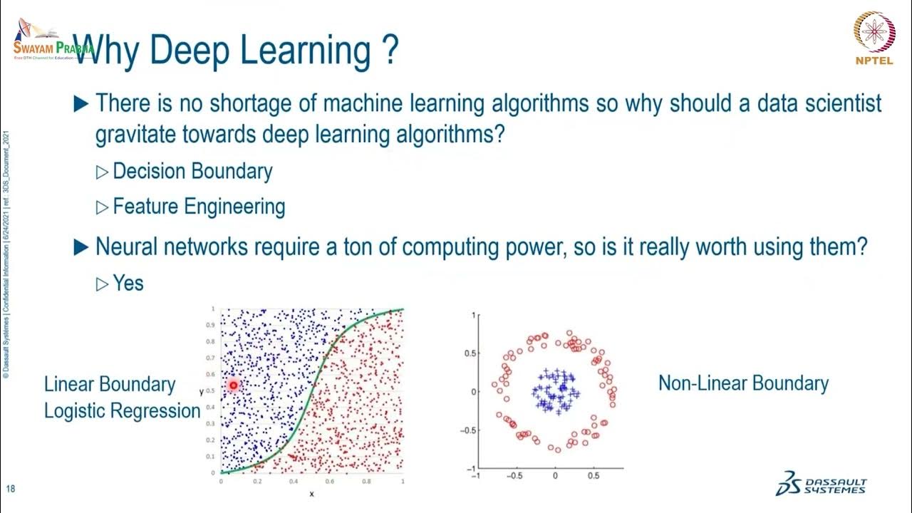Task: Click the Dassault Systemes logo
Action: (x=822, y=482)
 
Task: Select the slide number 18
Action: (x=11, y=489)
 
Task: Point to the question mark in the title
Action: (x=390, y=51)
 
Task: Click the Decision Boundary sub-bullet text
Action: (x=192, y=172)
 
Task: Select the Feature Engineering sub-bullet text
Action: (x=199, y=207)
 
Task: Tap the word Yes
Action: (x=128, y=283)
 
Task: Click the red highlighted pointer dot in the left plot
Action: (x=233, y=385)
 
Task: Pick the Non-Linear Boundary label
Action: (x=743, y=383)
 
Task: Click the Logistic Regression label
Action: (x=122, y=411)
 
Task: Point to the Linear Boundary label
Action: (x=110, y=384)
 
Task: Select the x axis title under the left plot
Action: (x=311, y=494)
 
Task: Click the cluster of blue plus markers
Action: (x=555, y=390)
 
